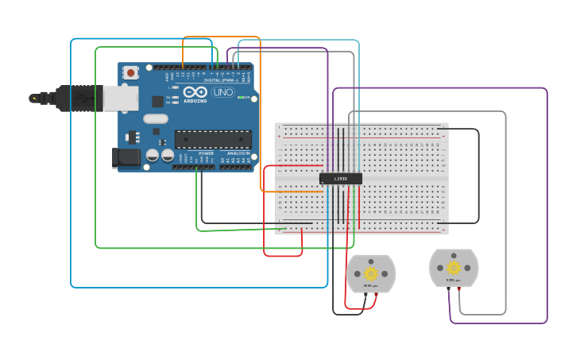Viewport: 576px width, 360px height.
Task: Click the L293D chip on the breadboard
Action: pos(341,179)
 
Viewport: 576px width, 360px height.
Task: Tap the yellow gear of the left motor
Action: pos(371,273)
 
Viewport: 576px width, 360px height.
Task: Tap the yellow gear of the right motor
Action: pos(454,267)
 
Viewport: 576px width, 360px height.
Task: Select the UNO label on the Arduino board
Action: pos(222,93)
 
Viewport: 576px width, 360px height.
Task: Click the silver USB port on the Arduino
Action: pos(121,98)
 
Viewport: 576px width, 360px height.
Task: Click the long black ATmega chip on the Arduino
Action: pos(213,139)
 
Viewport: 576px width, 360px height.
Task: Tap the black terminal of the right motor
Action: pos(449,288)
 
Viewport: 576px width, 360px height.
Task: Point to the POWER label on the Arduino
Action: pos(206,153)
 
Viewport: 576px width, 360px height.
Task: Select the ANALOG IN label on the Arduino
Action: pos(238,153)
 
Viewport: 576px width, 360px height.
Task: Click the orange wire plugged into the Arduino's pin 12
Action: pos(183,56)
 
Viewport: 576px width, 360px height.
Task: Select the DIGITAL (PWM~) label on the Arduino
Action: pos(219,80)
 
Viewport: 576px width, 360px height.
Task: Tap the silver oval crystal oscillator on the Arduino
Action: pos(155,118)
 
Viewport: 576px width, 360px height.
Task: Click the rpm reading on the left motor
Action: pos(370,285)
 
